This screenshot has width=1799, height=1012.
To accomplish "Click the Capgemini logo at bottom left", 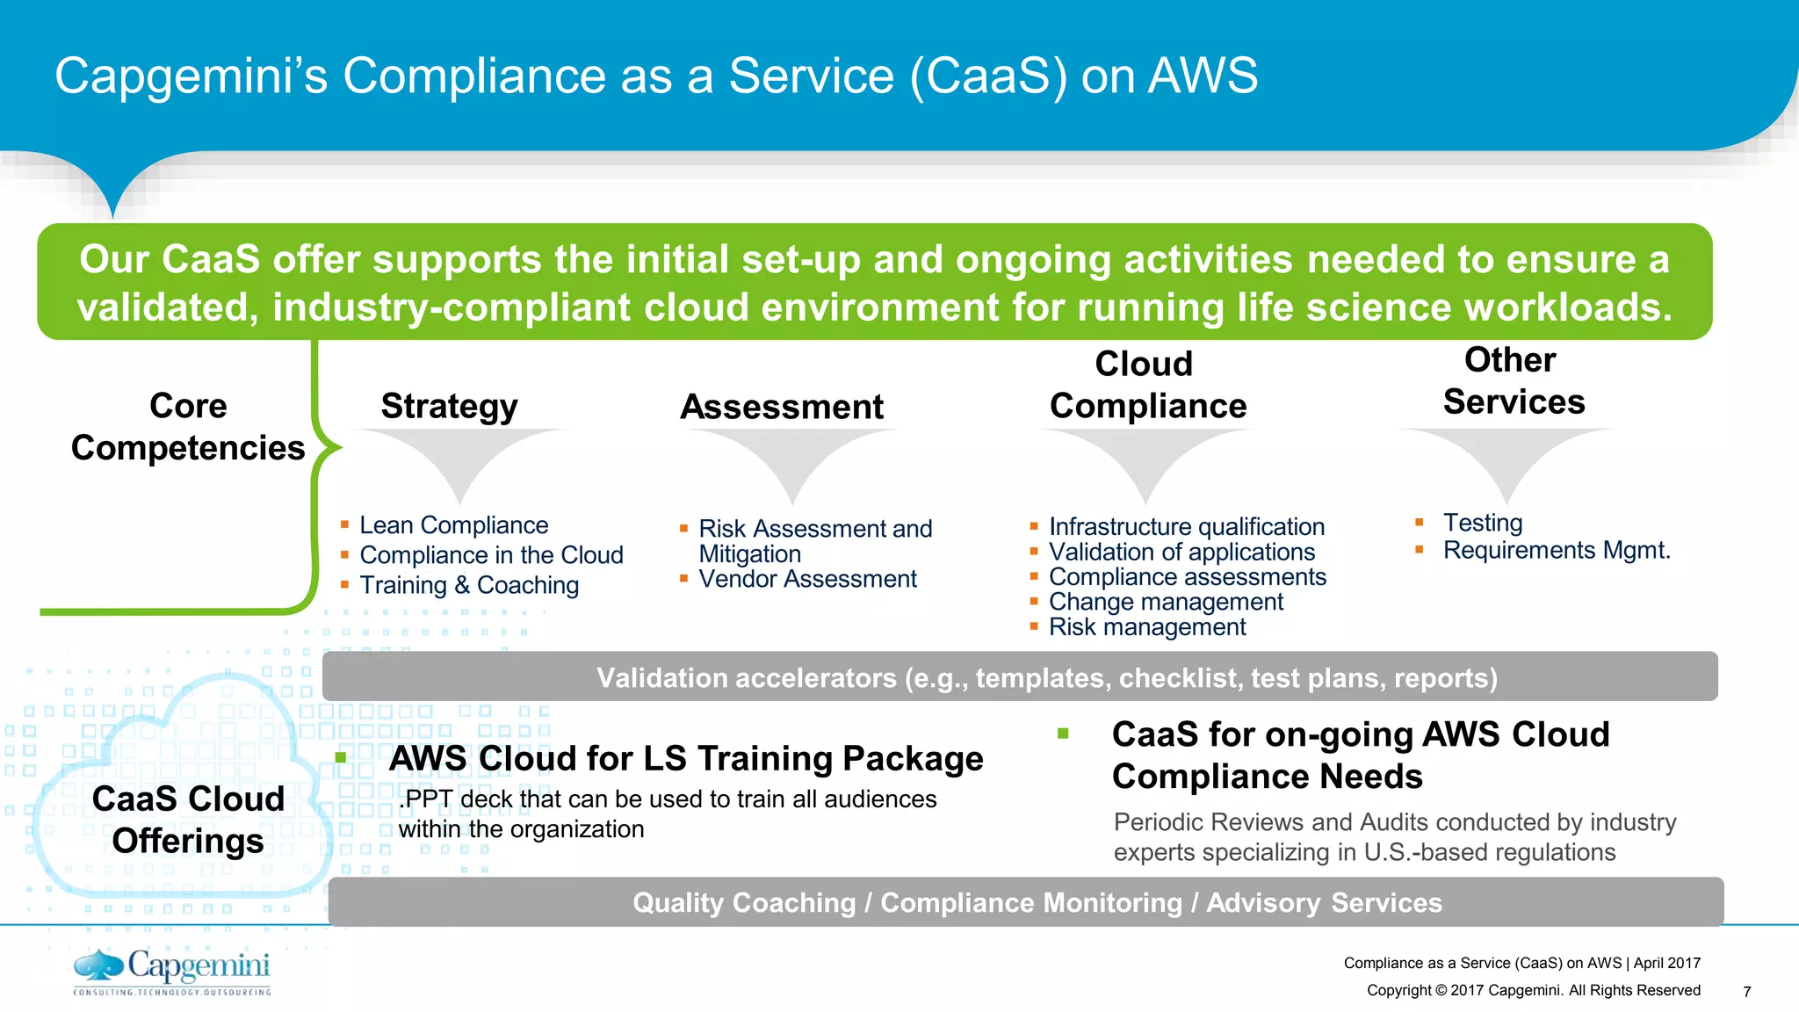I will tap(172, 972).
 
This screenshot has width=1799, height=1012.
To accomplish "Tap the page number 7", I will tap(1746, 992).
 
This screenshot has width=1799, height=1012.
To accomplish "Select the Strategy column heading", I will tap(449, 406).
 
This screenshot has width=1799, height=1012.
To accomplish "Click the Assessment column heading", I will tap(782, 407).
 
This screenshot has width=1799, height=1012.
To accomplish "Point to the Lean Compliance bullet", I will tap(453, 525).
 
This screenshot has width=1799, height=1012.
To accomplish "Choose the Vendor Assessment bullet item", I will tap(806, 579).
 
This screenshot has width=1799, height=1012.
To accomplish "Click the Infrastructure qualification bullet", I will tap(1186, 526).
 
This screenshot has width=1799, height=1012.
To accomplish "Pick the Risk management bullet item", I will tap(1146, 627).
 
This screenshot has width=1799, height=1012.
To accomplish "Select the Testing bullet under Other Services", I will tap(1482, 523).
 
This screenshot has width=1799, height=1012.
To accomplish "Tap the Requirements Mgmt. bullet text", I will tap(1556, 551).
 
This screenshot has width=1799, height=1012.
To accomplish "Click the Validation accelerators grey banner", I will tap(1019, 677).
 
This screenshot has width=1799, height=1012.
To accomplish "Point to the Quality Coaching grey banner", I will tap(1025, 902).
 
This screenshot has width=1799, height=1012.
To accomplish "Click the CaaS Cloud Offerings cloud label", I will tap(188, 819).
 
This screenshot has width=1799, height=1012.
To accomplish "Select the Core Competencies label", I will tap(188, 427).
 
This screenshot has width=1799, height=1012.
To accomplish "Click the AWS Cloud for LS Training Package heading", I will tap(685, 758).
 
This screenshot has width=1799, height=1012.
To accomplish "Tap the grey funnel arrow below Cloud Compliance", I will tap(1145, 461).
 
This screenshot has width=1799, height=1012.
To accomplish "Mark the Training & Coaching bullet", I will tap(468, 585).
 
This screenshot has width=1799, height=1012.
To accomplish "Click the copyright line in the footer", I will tap(1533, 990).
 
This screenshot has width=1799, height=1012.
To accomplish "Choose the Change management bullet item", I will tap(1165, 602).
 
